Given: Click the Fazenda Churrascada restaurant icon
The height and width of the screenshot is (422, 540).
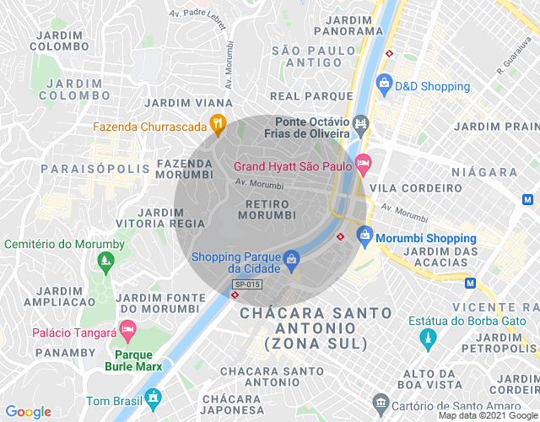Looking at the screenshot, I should click(218, 125).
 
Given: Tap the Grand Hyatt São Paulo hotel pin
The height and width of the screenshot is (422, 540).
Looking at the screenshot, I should click(364, 163).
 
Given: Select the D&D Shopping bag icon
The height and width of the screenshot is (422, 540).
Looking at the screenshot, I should click(384, 84).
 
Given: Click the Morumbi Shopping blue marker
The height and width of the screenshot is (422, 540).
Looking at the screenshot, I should click(364, 235).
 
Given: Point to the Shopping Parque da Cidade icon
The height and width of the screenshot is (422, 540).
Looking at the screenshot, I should click(290, 259).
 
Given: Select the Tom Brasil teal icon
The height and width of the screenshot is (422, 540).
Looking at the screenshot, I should click(153, 398).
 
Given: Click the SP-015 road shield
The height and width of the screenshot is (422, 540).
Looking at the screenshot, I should click(247, 284).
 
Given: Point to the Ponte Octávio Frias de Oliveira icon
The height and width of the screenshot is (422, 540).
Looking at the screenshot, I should click(361, 127).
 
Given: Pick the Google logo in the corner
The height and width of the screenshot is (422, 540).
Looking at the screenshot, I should click(28, 412).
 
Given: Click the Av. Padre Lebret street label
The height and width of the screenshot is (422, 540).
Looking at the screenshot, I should click(197, 14).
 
